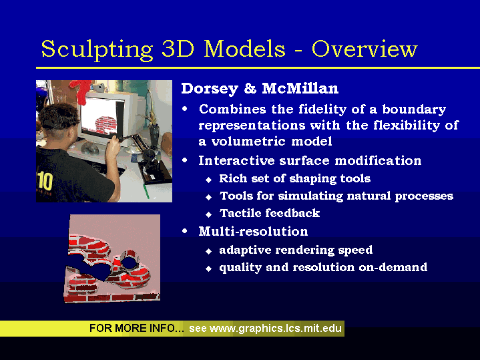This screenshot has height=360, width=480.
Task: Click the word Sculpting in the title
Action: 97,49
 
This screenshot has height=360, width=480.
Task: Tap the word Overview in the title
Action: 365,49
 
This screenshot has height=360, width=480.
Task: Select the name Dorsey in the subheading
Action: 210,89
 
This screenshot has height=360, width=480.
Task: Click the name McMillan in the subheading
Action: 300,88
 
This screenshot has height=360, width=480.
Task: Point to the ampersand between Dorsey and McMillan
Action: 250,89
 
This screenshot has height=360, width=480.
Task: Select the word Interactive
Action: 236,160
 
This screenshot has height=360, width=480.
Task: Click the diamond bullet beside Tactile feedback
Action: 209,214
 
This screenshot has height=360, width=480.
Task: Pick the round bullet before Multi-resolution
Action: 185,231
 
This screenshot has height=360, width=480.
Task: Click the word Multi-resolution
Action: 253,231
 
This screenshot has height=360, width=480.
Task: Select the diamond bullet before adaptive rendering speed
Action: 209,252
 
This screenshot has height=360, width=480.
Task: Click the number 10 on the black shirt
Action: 45,181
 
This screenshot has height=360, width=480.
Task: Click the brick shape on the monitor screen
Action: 106,124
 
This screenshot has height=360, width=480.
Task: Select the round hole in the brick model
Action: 130,263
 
